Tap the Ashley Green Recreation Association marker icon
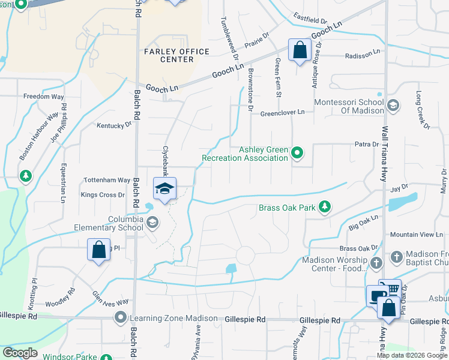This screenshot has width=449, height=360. (297, 154)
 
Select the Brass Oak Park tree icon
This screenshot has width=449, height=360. (325, 207)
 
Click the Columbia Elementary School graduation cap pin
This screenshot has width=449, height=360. (164, 188)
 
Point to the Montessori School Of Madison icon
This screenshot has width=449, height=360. (393, 106)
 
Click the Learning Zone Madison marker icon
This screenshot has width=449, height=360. (121, 317)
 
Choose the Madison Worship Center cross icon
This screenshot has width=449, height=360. (376, 263)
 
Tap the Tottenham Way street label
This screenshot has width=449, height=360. (106, 180)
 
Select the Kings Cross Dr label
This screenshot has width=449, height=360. (103, 195)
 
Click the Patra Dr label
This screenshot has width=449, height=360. (366, 144)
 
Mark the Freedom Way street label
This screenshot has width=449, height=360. (44, 96)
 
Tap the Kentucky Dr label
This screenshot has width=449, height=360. (114, 125)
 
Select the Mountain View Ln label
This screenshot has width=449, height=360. (416, 235)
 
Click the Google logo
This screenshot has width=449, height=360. (20, 353)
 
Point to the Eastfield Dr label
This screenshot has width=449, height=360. (310, 18)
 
